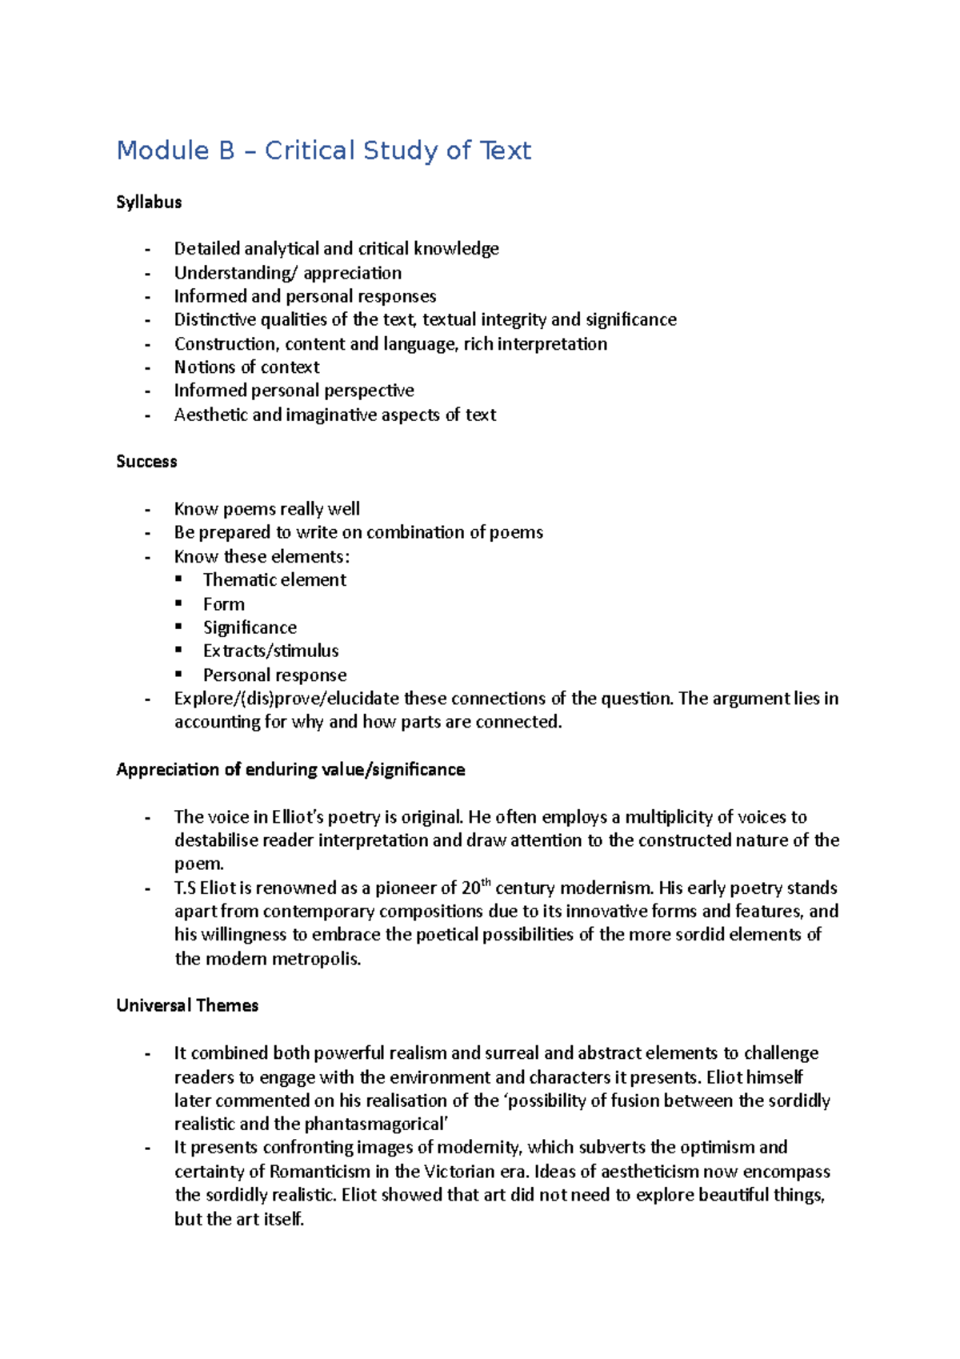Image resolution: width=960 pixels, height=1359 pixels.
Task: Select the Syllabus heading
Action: pyautogui.click(x=149, y=202)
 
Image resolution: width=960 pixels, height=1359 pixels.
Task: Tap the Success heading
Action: pyautogui.click(x=146, y=462)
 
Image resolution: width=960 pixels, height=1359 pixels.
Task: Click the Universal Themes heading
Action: pyautogui.click(x=187, y=1006)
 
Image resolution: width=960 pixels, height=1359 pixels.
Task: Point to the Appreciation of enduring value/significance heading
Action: pyautogui.click(x=290, y=770)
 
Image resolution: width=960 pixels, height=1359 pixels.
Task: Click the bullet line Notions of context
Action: pyautogui.click(x=246, y=367)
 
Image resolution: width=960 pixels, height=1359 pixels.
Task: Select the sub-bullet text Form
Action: pyautogui.click(x=224, y=604)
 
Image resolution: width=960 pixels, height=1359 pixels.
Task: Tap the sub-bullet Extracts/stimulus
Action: pyautogui.click(x=270, y=651)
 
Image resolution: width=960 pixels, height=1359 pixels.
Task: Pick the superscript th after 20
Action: pyautogui.click(x=486, y=883)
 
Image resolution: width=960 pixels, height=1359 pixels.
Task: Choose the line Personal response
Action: pyautogui.click(x=274, y=675)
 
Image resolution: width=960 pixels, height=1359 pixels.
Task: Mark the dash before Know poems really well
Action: pyautogui.click(x=147, y=510)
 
